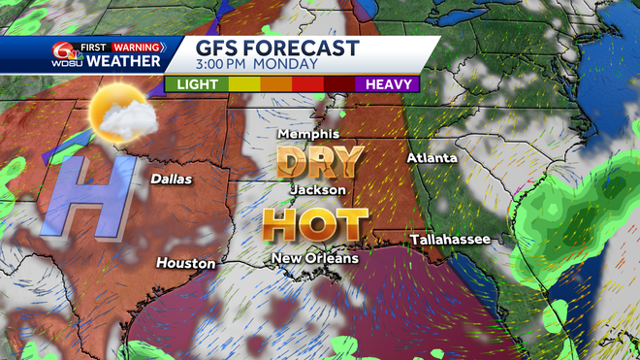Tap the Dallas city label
(x=171, y=179)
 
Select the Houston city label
(x=181, y=262)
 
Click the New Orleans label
(x=314, y=258)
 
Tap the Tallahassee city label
(x=449, y=238)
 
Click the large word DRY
(x=319, y=160)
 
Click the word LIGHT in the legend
(x=196, y=84)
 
